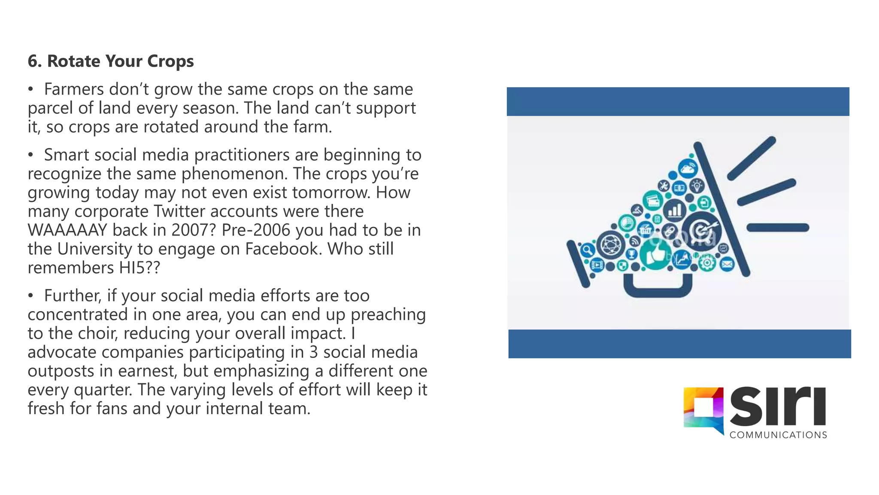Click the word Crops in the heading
[170, 61]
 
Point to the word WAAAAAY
[67, 230]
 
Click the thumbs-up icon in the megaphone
[655, 254]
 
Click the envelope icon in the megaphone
[727, 264]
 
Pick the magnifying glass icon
[587, 250]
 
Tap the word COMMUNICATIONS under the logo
[778, 435]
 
